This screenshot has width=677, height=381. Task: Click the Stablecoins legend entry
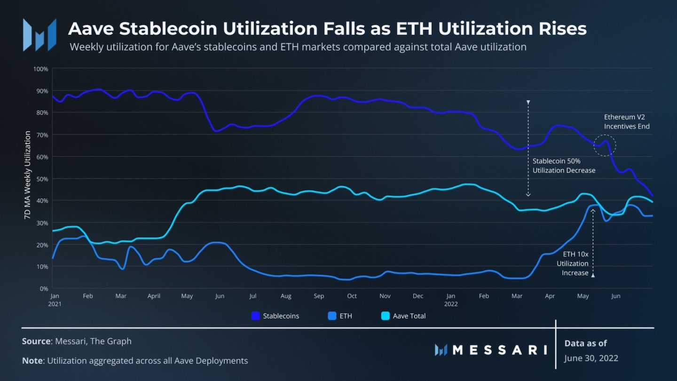(276, 316)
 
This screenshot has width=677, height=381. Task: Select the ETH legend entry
(340, 316)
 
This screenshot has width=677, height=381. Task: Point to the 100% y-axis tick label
(41, 69)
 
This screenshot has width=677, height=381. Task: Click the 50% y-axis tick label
(42, 179)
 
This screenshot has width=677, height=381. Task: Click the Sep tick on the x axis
(319, 296)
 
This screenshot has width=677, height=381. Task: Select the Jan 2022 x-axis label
(451, 300)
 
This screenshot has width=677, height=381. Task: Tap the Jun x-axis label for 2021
(220, 296)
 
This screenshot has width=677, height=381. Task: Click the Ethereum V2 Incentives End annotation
(627, 122)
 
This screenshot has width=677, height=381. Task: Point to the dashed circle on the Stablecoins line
(605, 144)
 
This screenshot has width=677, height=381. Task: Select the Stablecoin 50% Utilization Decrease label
(564, 166)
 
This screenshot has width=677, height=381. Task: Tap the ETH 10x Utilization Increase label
(573, 263)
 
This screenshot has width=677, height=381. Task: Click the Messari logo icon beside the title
(39, 35)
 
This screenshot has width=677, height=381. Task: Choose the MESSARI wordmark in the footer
(491, 349)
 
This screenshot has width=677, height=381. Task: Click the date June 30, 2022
(591, 358)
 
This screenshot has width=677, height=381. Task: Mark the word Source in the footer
(36, 341)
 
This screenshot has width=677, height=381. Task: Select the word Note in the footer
(31, 361)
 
